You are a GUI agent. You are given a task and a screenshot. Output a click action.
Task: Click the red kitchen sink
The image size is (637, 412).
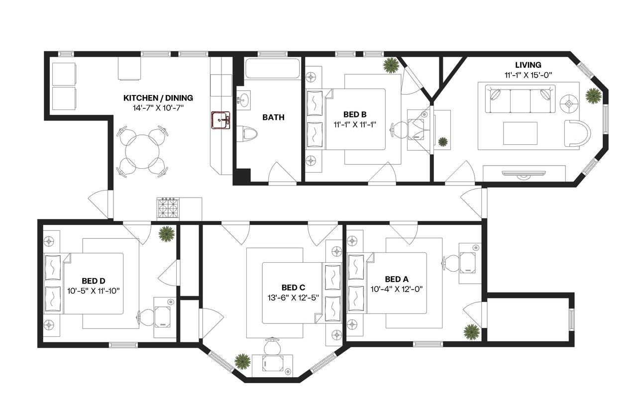tap(220, 120)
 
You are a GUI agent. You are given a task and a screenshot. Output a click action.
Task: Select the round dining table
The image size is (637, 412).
tap(143, 152)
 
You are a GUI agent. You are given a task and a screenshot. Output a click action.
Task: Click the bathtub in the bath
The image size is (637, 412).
tap(272, 69)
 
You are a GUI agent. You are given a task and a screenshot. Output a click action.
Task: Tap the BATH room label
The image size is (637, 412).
tap(273, 117)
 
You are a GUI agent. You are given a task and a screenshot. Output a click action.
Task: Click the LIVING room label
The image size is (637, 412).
tap(528, 65)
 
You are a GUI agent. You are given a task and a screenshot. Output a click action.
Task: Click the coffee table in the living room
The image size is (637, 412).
tap(520, 133)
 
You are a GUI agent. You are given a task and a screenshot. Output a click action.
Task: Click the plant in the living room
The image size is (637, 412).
tap(593, 95)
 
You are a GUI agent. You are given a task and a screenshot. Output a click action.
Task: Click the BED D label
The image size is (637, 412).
tap(94, 281)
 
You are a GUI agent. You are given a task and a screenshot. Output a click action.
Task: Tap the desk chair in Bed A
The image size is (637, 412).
tap(451, 263)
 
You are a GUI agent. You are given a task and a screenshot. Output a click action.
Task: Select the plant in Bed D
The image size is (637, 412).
tap(166, 234)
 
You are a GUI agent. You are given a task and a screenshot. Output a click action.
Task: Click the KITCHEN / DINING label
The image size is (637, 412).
tap(158, 98)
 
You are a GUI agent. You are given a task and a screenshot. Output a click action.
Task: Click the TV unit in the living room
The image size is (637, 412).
tap(524, 174)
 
